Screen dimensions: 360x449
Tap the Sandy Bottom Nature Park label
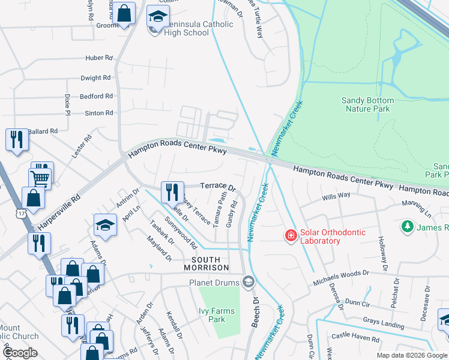coord(367,104)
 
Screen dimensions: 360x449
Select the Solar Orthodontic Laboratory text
coord(330,236)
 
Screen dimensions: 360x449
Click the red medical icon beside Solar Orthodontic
coord(291,236)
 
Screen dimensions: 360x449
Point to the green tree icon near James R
coord(408,227)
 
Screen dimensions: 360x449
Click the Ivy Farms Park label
coord(212,315)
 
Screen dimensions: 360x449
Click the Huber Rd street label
coord(99,58)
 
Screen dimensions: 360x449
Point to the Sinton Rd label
coord(98,113)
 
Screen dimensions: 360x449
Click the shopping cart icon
coord(41,177)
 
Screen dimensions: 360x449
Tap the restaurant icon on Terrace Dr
coord(172,192)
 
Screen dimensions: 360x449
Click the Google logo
coord(19,353)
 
